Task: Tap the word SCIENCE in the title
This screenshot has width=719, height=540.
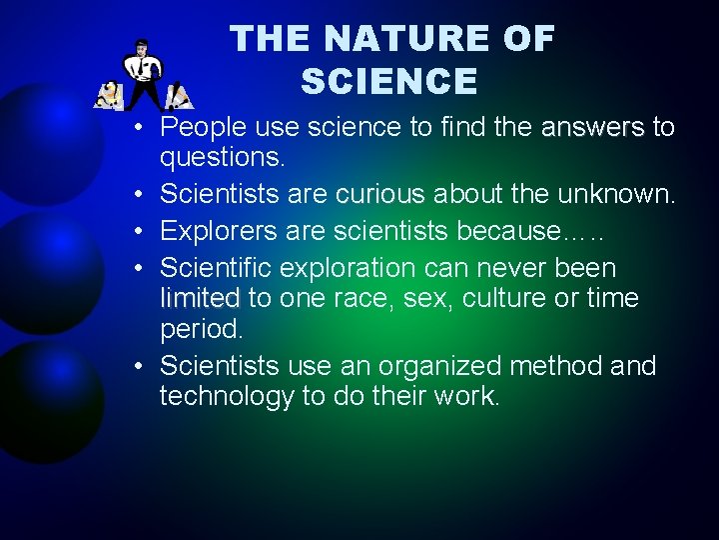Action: [389, 82]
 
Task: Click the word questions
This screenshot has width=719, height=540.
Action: [223, 158]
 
